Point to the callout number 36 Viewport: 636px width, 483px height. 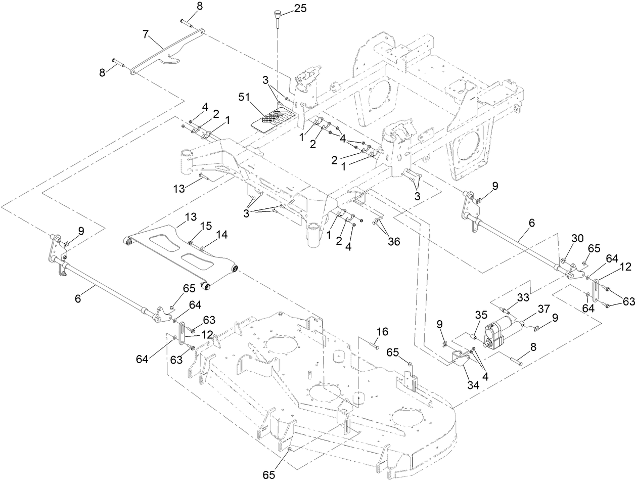tap(393, 241)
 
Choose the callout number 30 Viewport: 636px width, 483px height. tap(578, 238)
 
